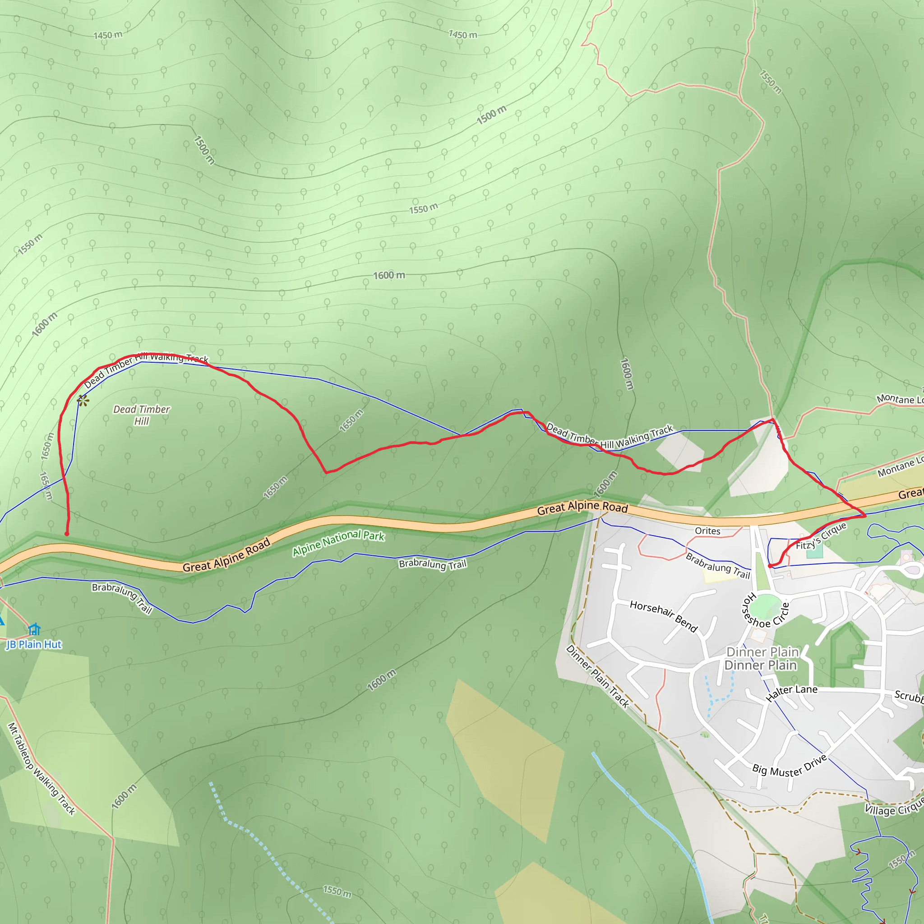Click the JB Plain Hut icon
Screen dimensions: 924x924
[x=34, y=629]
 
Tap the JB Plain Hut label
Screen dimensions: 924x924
[x=33, y=645]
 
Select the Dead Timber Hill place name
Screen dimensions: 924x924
[x=142, y=415]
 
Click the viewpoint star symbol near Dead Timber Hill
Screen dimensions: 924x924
[x=83, y=401]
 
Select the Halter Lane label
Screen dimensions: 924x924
[x=791, y=692]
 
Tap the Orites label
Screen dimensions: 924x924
[x=707, y=531]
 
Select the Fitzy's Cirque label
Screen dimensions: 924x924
[x=821, y=536]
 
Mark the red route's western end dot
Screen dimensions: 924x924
[x=67, y=534]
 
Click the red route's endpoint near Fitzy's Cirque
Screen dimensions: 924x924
[x=770, y=566]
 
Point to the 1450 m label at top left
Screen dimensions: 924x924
[x=108, y=35]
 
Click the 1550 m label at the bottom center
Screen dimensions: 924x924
[x=337, y=891]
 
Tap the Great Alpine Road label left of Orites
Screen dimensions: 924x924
[x=582, y=508]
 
